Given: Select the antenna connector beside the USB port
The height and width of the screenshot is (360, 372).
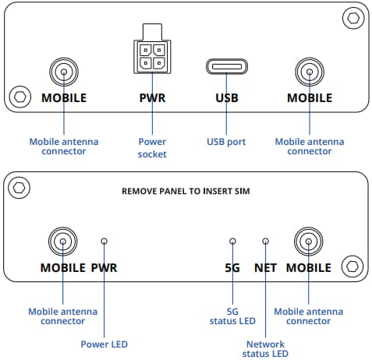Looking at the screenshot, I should click(310, 73).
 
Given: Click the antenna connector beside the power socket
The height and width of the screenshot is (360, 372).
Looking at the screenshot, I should click(63, 73).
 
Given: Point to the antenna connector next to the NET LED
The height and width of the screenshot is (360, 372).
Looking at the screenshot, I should click(310, 242).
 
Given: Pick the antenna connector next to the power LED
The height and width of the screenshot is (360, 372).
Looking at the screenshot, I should click(63, 242).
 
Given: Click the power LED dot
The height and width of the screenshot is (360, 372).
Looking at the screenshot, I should click(105, 242).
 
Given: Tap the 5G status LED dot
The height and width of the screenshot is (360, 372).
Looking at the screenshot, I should click(232, 242).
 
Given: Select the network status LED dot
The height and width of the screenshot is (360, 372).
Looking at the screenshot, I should click(265, 242).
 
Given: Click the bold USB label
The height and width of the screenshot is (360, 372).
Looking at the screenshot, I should click(225, 99).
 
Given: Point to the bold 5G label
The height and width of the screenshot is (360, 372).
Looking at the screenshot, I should click(232, 268).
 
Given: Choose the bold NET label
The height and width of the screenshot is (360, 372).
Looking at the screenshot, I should click(265, 268).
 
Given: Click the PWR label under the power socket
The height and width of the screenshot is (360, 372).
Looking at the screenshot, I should click(153, 99).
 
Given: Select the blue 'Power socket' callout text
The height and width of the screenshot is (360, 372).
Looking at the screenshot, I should click(153, 148).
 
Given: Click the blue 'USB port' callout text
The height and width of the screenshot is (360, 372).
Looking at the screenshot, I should click(225, 142).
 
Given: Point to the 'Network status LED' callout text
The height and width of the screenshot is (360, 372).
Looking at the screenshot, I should click(265, 348).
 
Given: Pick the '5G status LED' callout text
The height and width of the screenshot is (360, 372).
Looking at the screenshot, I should click(232, 316).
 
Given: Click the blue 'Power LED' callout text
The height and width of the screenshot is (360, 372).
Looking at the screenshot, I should click(105, 344).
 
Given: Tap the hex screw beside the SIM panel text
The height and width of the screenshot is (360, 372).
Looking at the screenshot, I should click(19, 187).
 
